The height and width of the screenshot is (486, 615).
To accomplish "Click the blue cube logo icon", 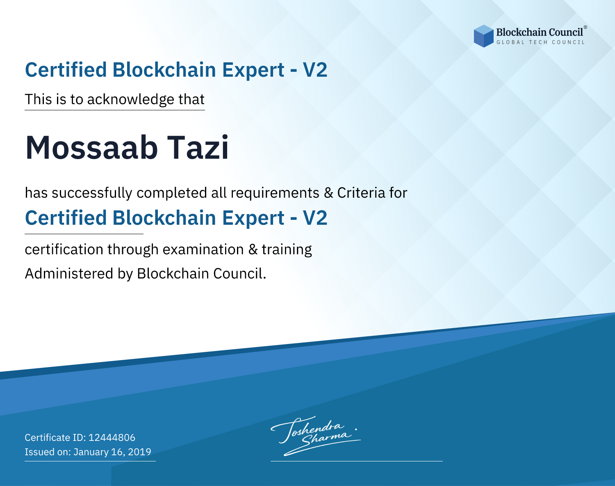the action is [x=483, y=36].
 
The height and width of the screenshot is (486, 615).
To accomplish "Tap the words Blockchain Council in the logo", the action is [x=540, y=32].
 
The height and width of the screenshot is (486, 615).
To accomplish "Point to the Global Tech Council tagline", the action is [x=541, y=42].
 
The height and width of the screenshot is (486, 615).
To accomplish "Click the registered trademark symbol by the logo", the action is [x=585, y=27].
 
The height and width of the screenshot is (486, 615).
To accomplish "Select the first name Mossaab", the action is [x=91, y=148].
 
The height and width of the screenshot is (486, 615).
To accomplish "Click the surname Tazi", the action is [x=198, y=148].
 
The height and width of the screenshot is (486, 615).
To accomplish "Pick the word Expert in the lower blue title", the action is [x=253, y=219].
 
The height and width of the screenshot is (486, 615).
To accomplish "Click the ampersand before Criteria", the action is [x=328, y=193].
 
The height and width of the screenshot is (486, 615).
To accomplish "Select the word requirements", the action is [x=275, y=193].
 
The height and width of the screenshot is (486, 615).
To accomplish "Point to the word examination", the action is [x=203, y=249].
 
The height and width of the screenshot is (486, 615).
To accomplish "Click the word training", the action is [x=287, y=250].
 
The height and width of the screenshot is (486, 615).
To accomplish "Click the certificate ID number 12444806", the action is [x=112, y=438].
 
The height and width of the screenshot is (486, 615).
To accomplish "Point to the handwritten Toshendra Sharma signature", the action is [x=316, y=436].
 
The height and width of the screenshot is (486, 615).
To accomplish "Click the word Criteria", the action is [x=361, y=193].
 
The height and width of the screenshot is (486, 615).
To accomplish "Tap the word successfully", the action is [x=92, y=193].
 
